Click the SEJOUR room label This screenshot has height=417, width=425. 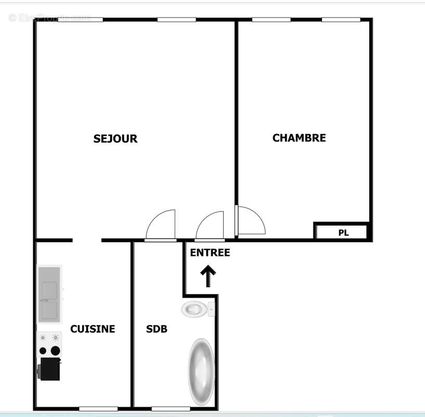(x=115, y=139)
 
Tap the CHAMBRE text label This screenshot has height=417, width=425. (x=299, y=138)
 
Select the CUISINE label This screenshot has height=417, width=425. (x=93, y=329)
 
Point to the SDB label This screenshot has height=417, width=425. (x=156, y=329)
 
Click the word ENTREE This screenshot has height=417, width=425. (x=210, y=253)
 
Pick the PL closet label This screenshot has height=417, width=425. (x=343, y=232)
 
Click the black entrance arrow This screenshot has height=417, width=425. (x=208, y=276)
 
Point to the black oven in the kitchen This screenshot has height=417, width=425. (x=50, y=368)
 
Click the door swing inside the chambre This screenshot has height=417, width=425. (x=250, y=222)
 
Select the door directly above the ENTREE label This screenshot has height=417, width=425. (x=210, y=226)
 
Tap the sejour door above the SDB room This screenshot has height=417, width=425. (x=161, y=226)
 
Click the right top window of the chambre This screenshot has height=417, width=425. (x=341, y=20)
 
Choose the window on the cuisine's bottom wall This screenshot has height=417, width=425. (x=98, y=408)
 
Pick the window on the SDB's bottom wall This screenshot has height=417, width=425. (x=171, y=408)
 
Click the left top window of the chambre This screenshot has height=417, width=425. (x=271, y=20)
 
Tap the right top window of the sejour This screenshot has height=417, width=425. (x=176, y=20)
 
